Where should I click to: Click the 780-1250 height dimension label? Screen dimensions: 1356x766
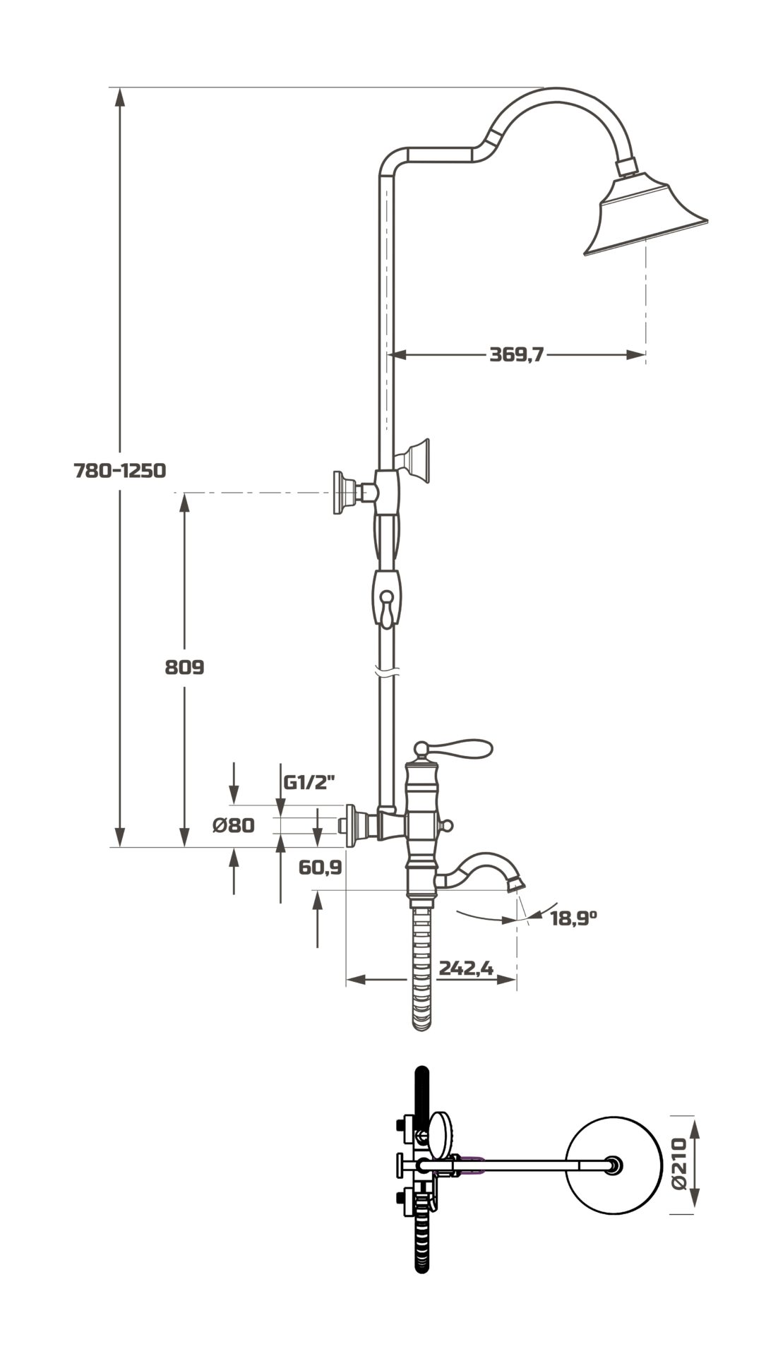tap(120, 470)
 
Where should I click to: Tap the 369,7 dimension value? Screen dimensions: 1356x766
tap(517, 354)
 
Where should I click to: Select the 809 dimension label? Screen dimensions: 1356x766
tap(184, 666)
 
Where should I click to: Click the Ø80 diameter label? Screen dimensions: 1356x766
tap(234, 824)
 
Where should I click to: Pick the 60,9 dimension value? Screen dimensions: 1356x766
tap(320, 867)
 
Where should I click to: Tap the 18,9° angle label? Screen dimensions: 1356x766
tap(574, 918)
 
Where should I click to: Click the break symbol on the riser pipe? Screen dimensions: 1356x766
tap(386, 671)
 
